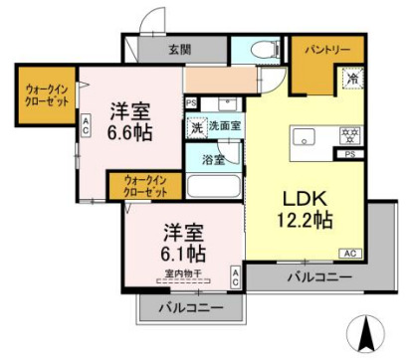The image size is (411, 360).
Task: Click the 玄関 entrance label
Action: tap(179, 50)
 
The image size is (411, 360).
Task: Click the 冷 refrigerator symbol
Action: tap(352, 77)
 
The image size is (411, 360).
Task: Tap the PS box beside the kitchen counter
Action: tap(349, 155)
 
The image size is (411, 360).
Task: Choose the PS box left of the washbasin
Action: tap(190, 102)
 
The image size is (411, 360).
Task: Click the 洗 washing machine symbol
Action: tap(196, 126)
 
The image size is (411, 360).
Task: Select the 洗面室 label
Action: tap(223, 126)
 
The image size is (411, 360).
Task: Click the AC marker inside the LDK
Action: tap(351, 253)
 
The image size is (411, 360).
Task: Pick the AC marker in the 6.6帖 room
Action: tap(87, 125)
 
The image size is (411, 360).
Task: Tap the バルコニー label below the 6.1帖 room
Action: tap(188, 309)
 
